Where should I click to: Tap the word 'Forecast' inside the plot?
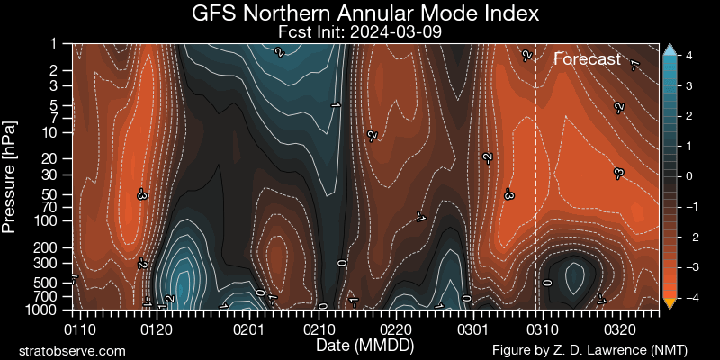pyautogui.click(x=587, y=59)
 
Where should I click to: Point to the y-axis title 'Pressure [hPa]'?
pyautogui.click(x=10, y=175)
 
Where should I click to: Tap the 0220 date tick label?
pyautogui.click(x=396, y=329)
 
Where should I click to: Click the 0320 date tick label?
pyautogui.click(x=621, y=329)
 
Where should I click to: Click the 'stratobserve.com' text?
pyautogui.click(x=72, y=349)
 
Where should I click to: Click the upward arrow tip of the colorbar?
pyautogui.click(x=669, y=49)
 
